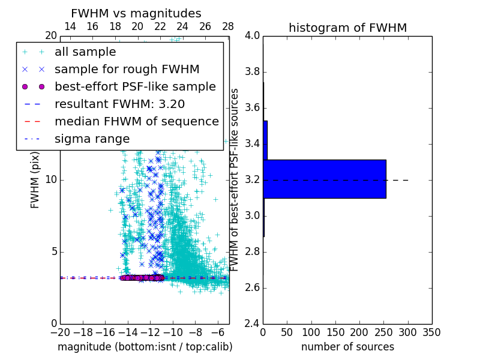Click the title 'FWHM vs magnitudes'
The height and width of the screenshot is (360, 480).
click(136, 13)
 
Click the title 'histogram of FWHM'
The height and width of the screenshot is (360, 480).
click(347, 28)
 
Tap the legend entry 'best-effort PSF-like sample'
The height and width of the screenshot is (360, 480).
click(135, 86)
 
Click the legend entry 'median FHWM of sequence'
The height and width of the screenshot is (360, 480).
click(137, 121)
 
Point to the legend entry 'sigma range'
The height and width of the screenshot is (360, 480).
click(92, 139)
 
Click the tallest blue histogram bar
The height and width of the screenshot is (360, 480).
click(324, 179)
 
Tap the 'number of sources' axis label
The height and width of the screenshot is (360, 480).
click(347, 347)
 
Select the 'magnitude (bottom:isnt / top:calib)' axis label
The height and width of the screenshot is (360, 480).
click(145, 347)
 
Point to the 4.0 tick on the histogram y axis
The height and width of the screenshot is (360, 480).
click(253, 36)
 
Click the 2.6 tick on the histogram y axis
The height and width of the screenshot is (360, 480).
click(253, 288)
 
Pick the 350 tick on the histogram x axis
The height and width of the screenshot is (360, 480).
click(432, 332)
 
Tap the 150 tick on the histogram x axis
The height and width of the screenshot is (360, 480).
click(335, 332)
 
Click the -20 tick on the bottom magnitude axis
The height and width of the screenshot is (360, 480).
click(60, 332)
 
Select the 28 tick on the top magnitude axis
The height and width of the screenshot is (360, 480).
click(228, 26)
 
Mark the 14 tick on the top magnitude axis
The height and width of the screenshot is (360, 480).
click(70, 26)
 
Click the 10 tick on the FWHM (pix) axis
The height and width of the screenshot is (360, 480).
click(50, 179)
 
